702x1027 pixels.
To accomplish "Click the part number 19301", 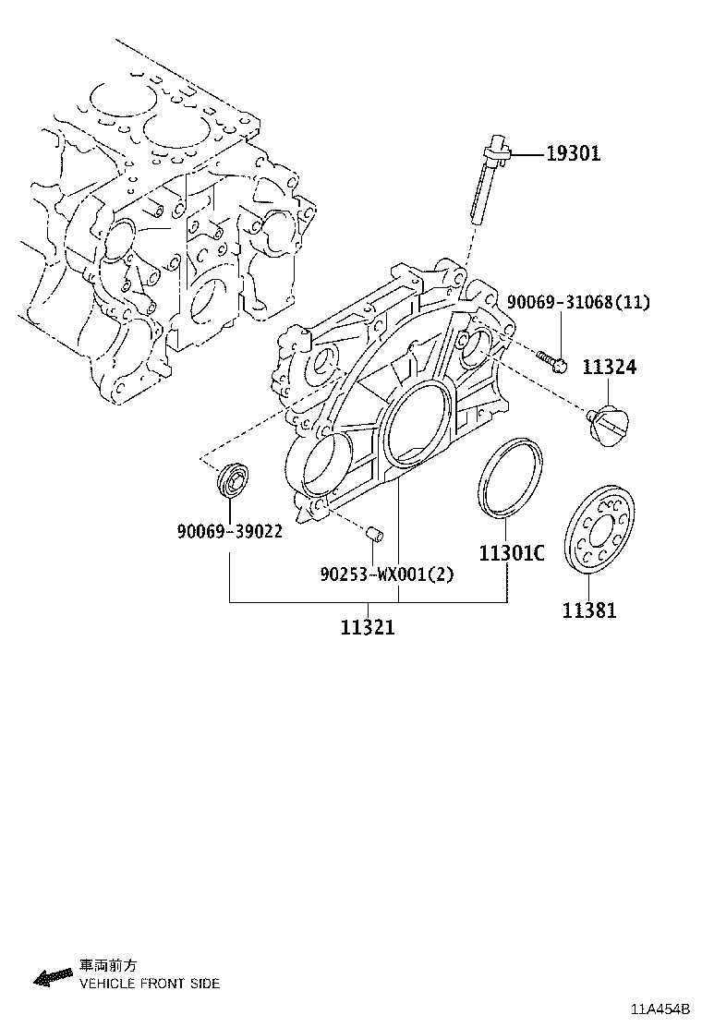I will (x=572, y=154).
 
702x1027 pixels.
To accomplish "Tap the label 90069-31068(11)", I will (x=578, y=303).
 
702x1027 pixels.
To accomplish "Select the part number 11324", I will (x=609, y=368).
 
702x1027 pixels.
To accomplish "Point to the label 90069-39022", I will (x=229, y=531).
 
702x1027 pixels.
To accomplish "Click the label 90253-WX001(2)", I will (x=387, y=574).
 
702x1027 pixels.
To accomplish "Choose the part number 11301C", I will (x=511, y=553).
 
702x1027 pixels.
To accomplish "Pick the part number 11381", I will (x=589, y=610).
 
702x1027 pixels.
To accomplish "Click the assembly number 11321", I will (x=368, y=628).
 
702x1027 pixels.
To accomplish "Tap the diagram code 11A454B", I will (x=660, y=1009).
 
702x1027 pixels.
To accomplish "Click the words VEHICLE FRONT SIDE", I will (x=150, y=984).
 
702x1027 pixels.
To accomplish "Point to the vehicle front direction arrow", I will (x=53, y=976).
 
